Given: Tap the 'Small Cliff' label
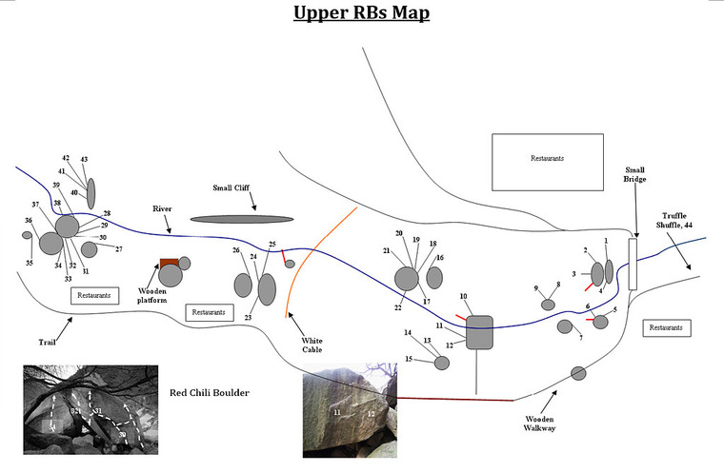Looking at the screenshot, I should tap(233, 187).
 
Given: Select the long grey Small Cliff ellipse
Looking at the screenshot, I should tap(241, 219).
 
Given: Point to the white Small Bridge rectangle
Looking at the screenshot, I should tap(632, 264).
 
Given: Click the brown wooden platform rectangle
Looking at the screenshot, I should tap(169, 262).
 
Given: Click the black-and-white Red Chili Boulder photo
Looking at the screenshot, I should tap(89, 407).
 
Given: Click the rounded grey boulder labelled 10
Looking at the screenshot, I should tap(478, 332).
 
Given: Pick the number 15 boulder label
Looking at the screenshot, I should tap(409, 359).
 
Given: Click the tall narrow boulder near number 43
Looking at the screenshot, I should tap(91, 192).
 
